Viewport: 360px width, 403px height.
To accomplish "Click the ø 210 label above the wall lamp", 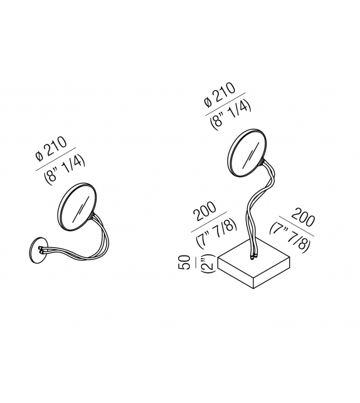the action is [51, 149].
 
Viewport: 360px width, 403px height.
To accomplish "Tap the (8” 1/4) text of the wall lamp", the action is [65, 170].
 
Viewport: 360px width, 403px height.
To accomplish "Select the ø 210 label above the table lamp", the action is [220, 95].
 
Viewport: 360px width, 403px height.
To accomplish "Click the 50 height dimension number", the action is [184, 262].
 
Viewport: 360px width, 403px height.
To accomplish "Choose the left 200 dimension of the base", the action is [205, 212].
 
